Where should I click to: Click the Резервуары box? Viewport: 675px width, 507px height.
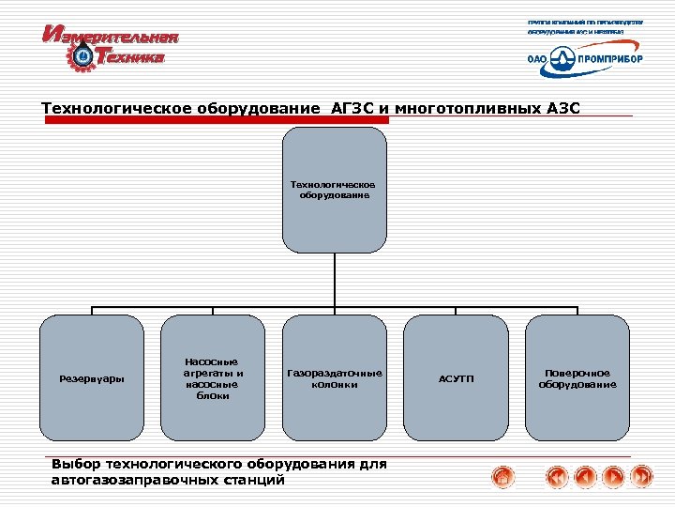91,378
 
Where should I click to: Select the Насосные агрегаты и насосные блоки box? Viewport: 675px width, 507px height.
212,378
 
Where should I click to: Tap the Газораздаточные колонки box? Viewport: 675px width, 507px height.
335,378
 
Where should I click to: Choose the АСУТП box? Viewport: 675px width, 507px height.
457,378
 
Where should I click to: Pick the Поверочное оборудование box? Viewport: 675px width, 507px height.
577,378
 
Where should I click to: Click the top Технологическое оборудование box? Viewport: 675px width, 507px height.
335,191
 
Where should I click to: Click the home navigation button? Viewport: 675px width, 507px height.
503,477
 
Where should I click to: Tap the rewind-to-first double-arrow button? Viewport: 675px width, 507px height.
557,477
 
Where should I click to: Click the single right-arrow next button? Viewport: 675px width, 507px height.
613,477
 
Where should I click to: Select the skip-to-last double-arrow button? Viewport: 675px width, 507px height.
641,477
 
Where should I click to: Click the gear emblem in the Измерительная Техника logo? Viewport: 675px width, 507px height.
82,57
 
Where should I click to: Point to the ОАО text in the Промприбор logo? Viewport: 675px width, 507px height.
538,58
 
